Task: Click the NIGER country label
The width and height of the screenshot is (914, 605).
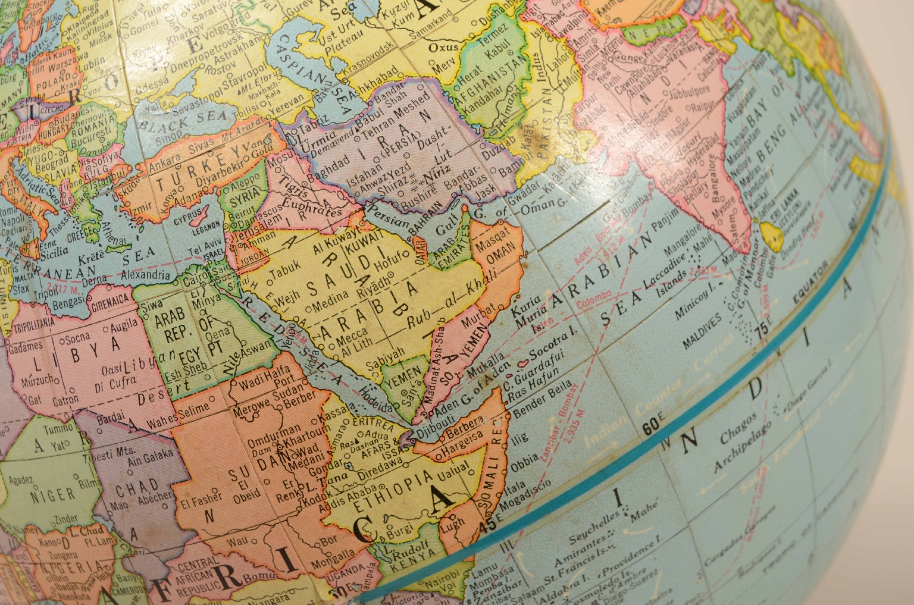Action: coord(54,494)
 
